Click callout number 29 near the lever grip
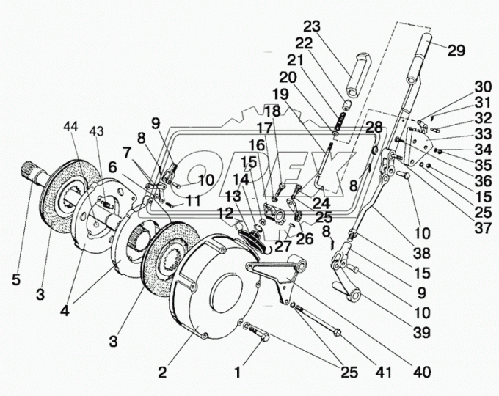[x=456, y=51]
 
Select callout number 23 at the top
[x=312, y=26]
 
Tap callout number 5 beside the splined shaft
[x=16, y=280]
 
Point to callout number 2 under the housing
[x=162, y=373]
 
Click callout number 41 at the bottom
[x=383, y=373]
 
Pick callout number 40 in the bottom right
[x=422, y=372]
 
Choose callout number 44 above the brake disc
[x=70, y=127]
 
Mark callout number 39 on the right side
[x=422, y=333]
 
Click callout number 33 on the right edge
[x=483, y=134]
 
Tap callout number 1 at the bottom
[x=238, y=373]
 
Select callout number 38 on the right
[x=422, y=253]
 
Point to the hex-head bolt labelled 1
[x=258, y=333]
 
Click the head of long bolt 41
[x=337, y=333]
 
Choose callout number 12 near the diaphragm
[x=226, y=213]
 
